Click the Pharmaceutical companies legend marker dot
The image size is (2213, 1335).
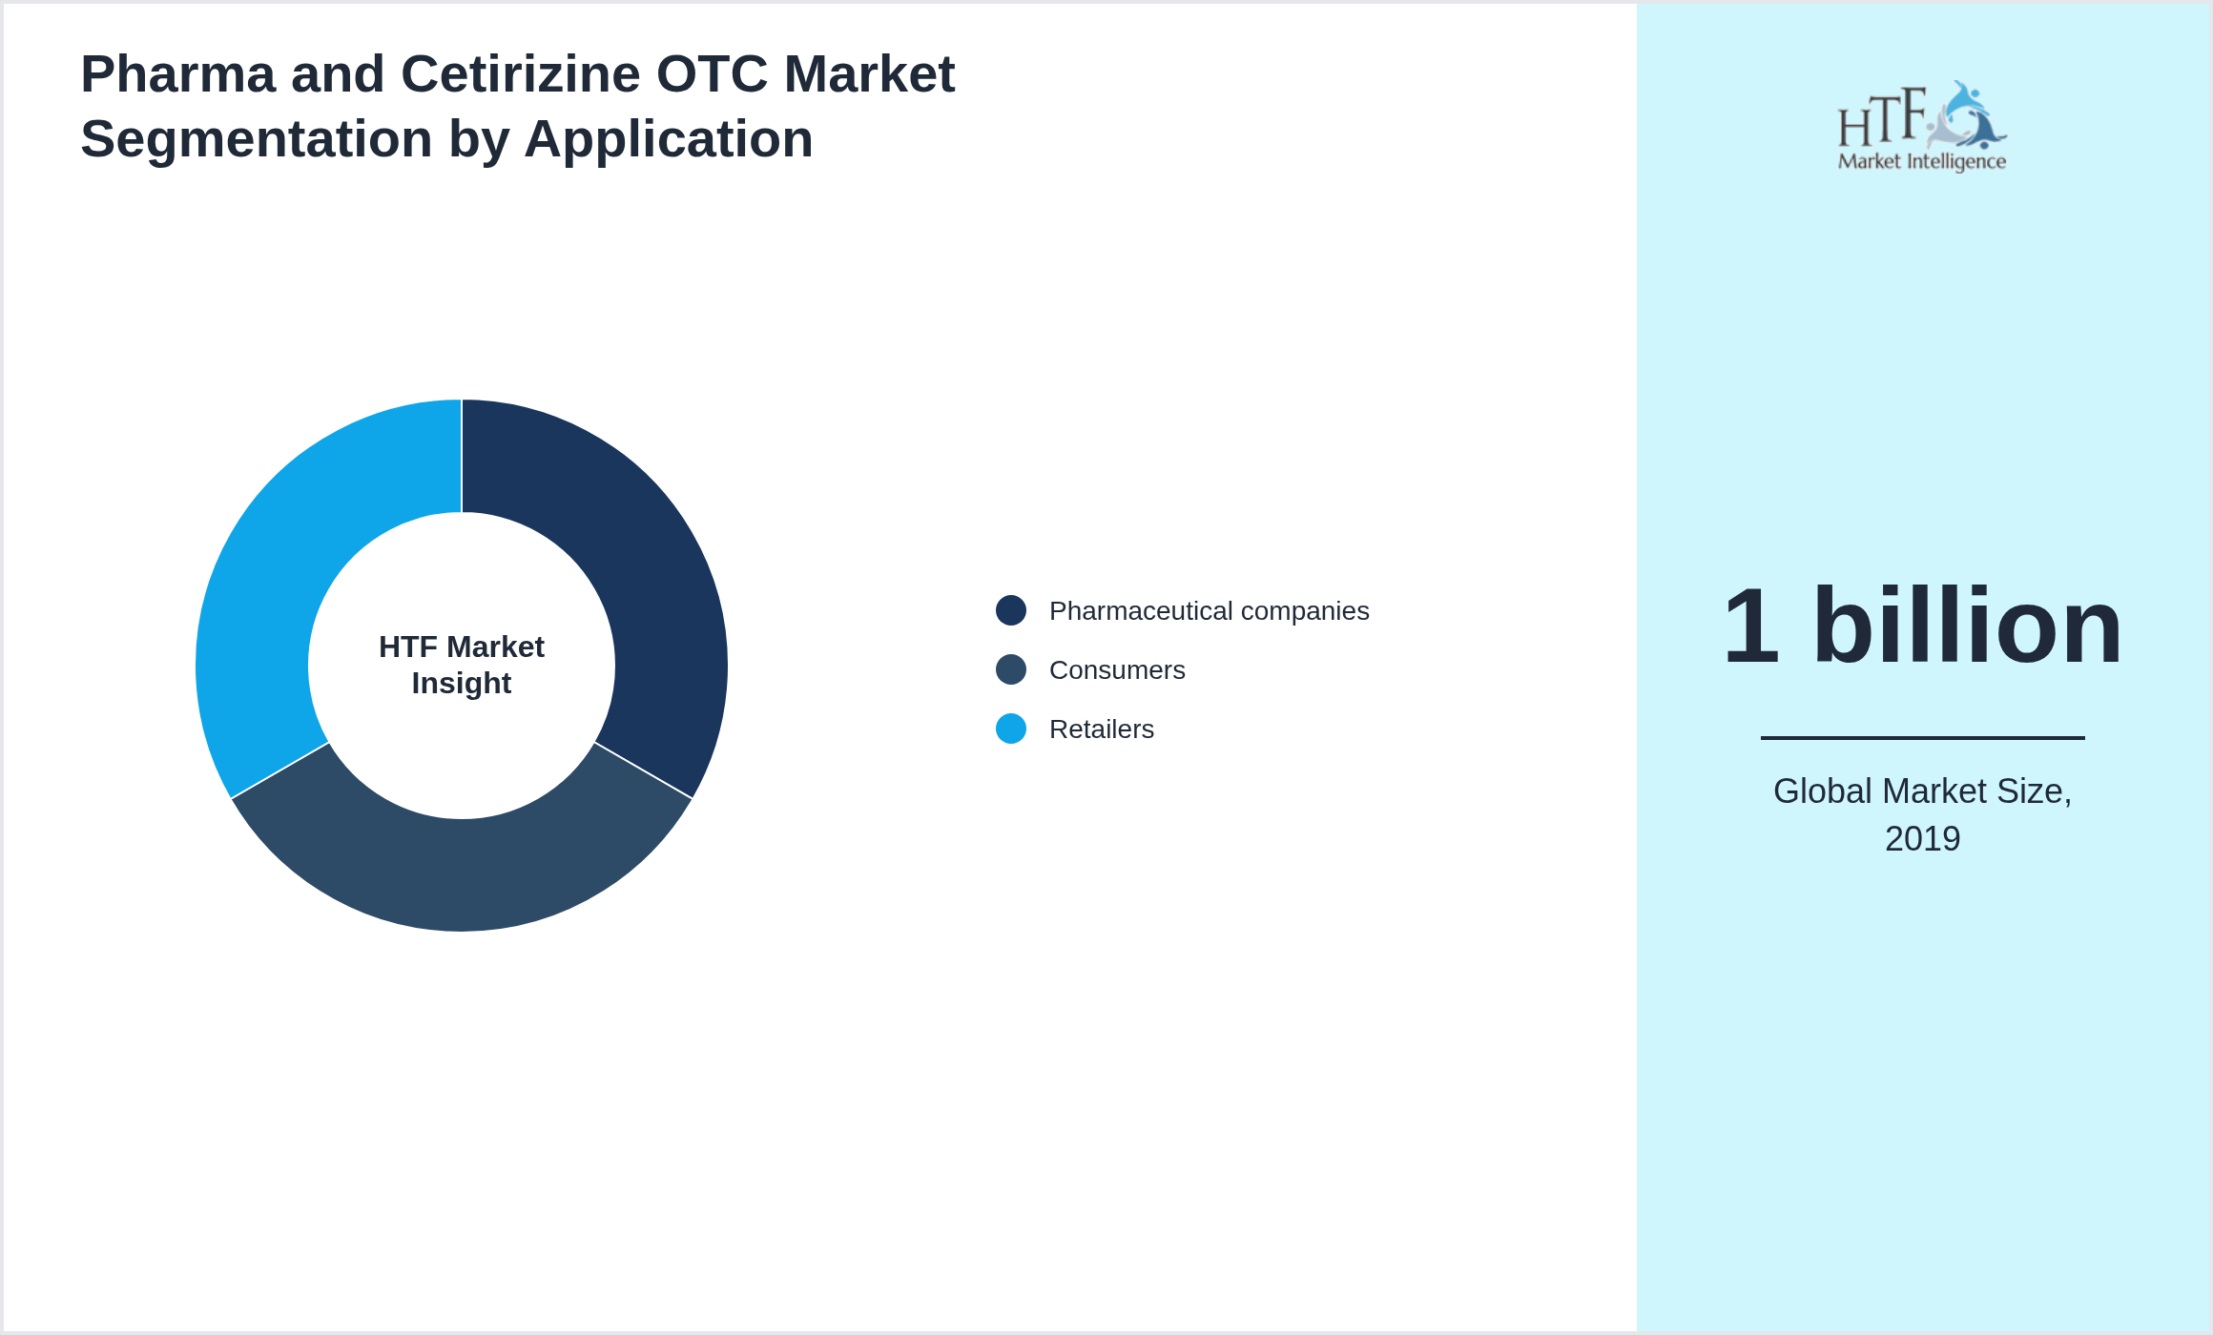coord(1011,610)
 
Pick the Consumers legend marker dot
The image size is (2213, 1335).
coord(1011,669)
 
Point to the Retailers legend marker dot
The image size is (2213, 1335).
coord(1011,729)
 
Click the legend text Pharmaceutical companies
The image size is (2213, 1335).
coord(1209,610)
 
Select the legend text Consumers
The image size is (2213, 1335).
coord(1117,669)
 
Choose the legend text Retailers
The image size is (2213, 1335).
coord(1102,729)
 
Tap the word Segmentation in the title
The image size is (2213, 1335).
coord(256,139)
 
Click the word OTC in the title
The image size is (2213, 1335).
coord(712,74)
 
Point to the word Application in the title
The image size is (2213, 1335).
coord(669,139)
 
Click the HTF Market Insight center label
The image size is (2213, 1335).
coord(462,665)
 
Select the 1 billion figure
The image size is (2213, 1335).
coord(1922,626)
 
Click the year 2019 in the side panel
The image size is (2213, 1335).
coord(1922,839)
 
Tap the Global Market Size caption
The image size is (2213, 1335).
coord(1922,791)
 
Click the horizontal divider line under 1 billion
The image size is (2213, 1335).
coord(1922,737)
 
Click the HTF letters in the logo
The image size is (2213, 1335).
coord(1882,119)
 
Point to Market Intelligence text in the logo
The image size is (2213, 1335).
coord(1922,161)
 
